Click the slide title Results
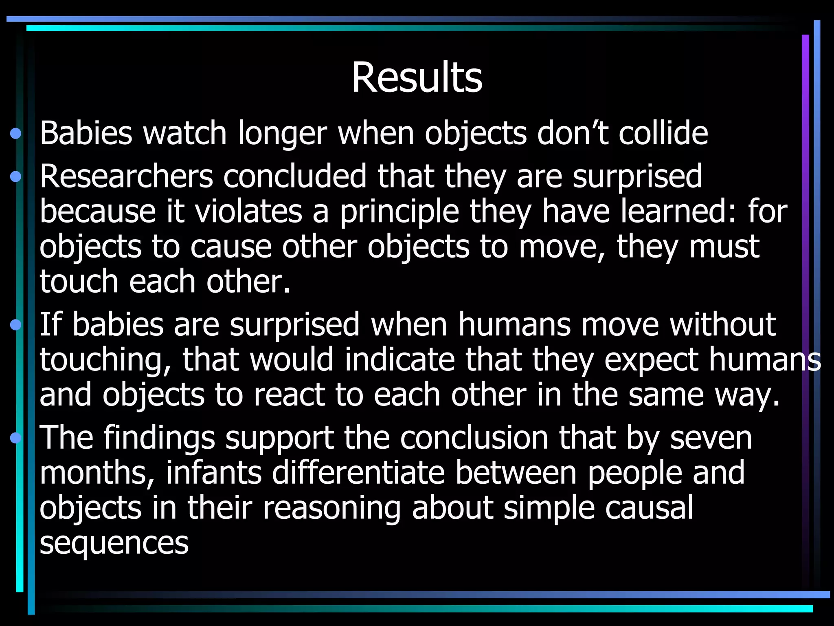(417, 77)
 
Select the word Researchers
(126, 176)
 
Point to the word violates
(248, 212)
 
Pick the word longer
(282, 134)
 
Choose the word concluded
(295, 176)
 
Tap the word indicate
(399, 359)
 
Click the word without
(723, 324)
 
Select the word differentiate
(358, 472)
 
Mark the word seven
(711, 438)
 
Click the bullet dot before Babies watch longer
(16, 133)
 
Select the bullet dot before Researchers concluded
(16, 176)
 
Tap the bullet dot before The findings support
(16, 438)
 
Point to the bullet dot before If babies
(16, 324)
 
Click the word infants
(213, 472)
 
